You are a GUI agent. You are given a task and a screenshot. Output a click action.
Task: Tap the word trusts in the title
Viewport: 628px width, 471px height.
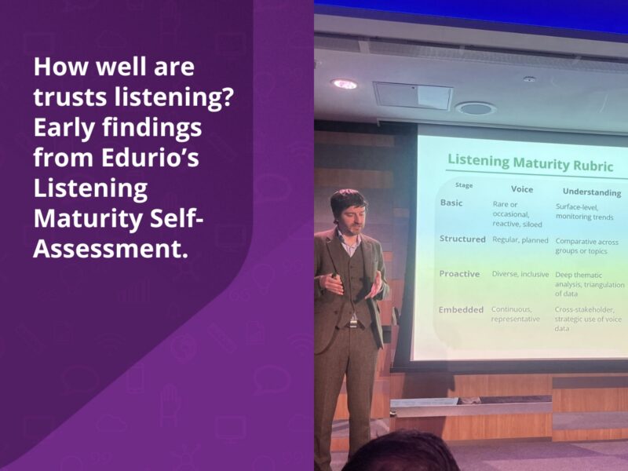tap(68, 97)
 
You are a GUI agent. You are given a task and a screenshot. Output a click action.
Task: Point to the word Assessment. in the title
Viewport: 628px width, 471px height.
tap(111, 250)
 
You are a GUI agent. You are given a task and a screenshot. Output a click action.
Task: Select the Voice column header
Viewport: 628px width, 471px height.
tap(522, 189)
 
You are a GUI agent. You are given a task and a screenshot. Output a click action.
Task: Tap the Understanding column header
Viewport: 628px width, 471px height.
tap(591, 192)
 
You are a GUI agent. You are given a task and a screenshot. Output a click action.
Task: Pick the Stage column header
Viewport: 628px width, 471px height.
tap(464, 185)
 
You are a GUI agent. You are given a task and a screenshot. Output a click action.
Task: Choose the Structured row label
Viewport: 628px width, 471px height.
tap(462, 239)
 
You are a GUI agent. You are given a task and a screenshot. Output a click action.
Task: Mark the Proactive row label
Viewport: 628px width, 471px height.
tap(460, 273)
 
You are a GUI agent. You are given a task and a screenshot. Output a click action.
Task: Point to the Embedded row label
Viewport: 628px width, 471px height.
tap(461, 309)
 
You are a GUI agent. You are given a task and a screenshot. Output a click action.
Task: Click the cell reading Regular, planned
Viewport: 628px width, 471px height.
tap(520, 239)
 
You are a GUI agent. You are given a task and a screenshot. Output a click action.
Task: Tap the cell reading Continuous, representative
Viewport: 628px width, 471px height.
tap(517, 314)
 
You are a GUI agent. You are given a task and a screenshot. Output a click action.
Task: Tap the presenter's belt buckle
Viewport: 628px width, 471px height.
tap(354, 323)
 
